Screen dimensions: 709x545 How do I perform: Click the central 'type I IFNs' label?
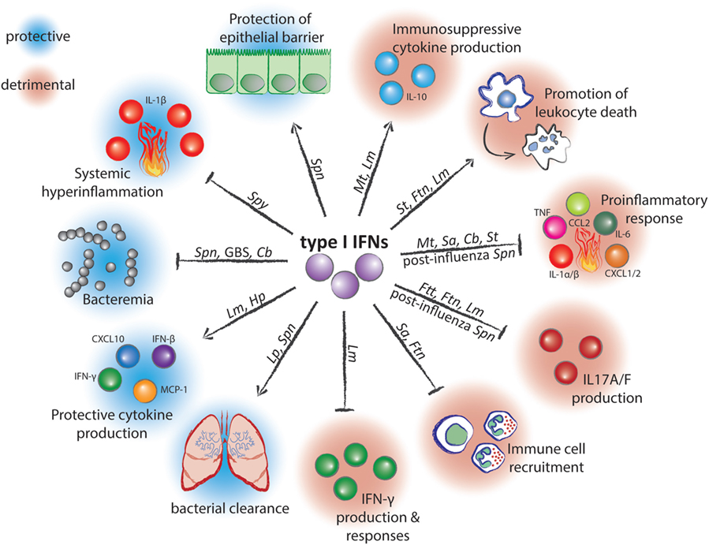point(344,242)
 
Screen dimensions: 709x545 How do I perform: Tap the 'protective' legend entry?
point(38,36)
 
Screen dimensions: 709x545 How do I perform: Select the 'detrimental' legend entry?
point(38,84)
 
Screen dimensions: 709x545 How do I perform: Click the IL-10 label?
point(416,96)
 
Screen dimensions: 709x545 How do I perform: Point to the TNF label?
point(542,213)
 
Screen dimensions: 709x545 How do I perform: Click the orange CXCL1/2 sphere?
point(616,256)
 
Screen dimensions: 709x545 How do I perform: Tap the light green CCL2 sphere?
point(578,203)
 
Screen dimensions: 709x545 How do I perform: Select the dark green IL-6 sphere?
point(605,223)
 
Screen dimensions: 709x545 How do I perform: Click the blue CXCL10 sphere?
point(128,356)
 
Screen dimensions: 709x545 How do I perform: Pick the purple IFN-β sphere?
point(163,356)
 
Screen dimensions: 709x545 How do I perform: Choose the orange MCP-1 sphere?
point(145,391)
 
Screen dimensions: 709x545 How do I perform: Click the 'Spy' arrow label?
point(258,200)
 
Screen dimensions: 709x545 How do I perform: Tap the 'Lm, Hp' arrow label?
point(245,306)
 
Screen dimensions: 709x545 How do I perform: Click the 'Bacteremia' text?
point(118,300)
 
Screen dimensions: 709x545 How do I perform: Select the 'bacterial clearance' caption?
point(230,509)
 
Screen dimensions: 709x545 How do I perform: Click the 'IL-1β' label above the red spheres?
point(156,99)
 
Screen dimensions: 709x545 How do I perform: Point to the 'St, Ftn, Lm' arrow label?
point(423,192)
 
